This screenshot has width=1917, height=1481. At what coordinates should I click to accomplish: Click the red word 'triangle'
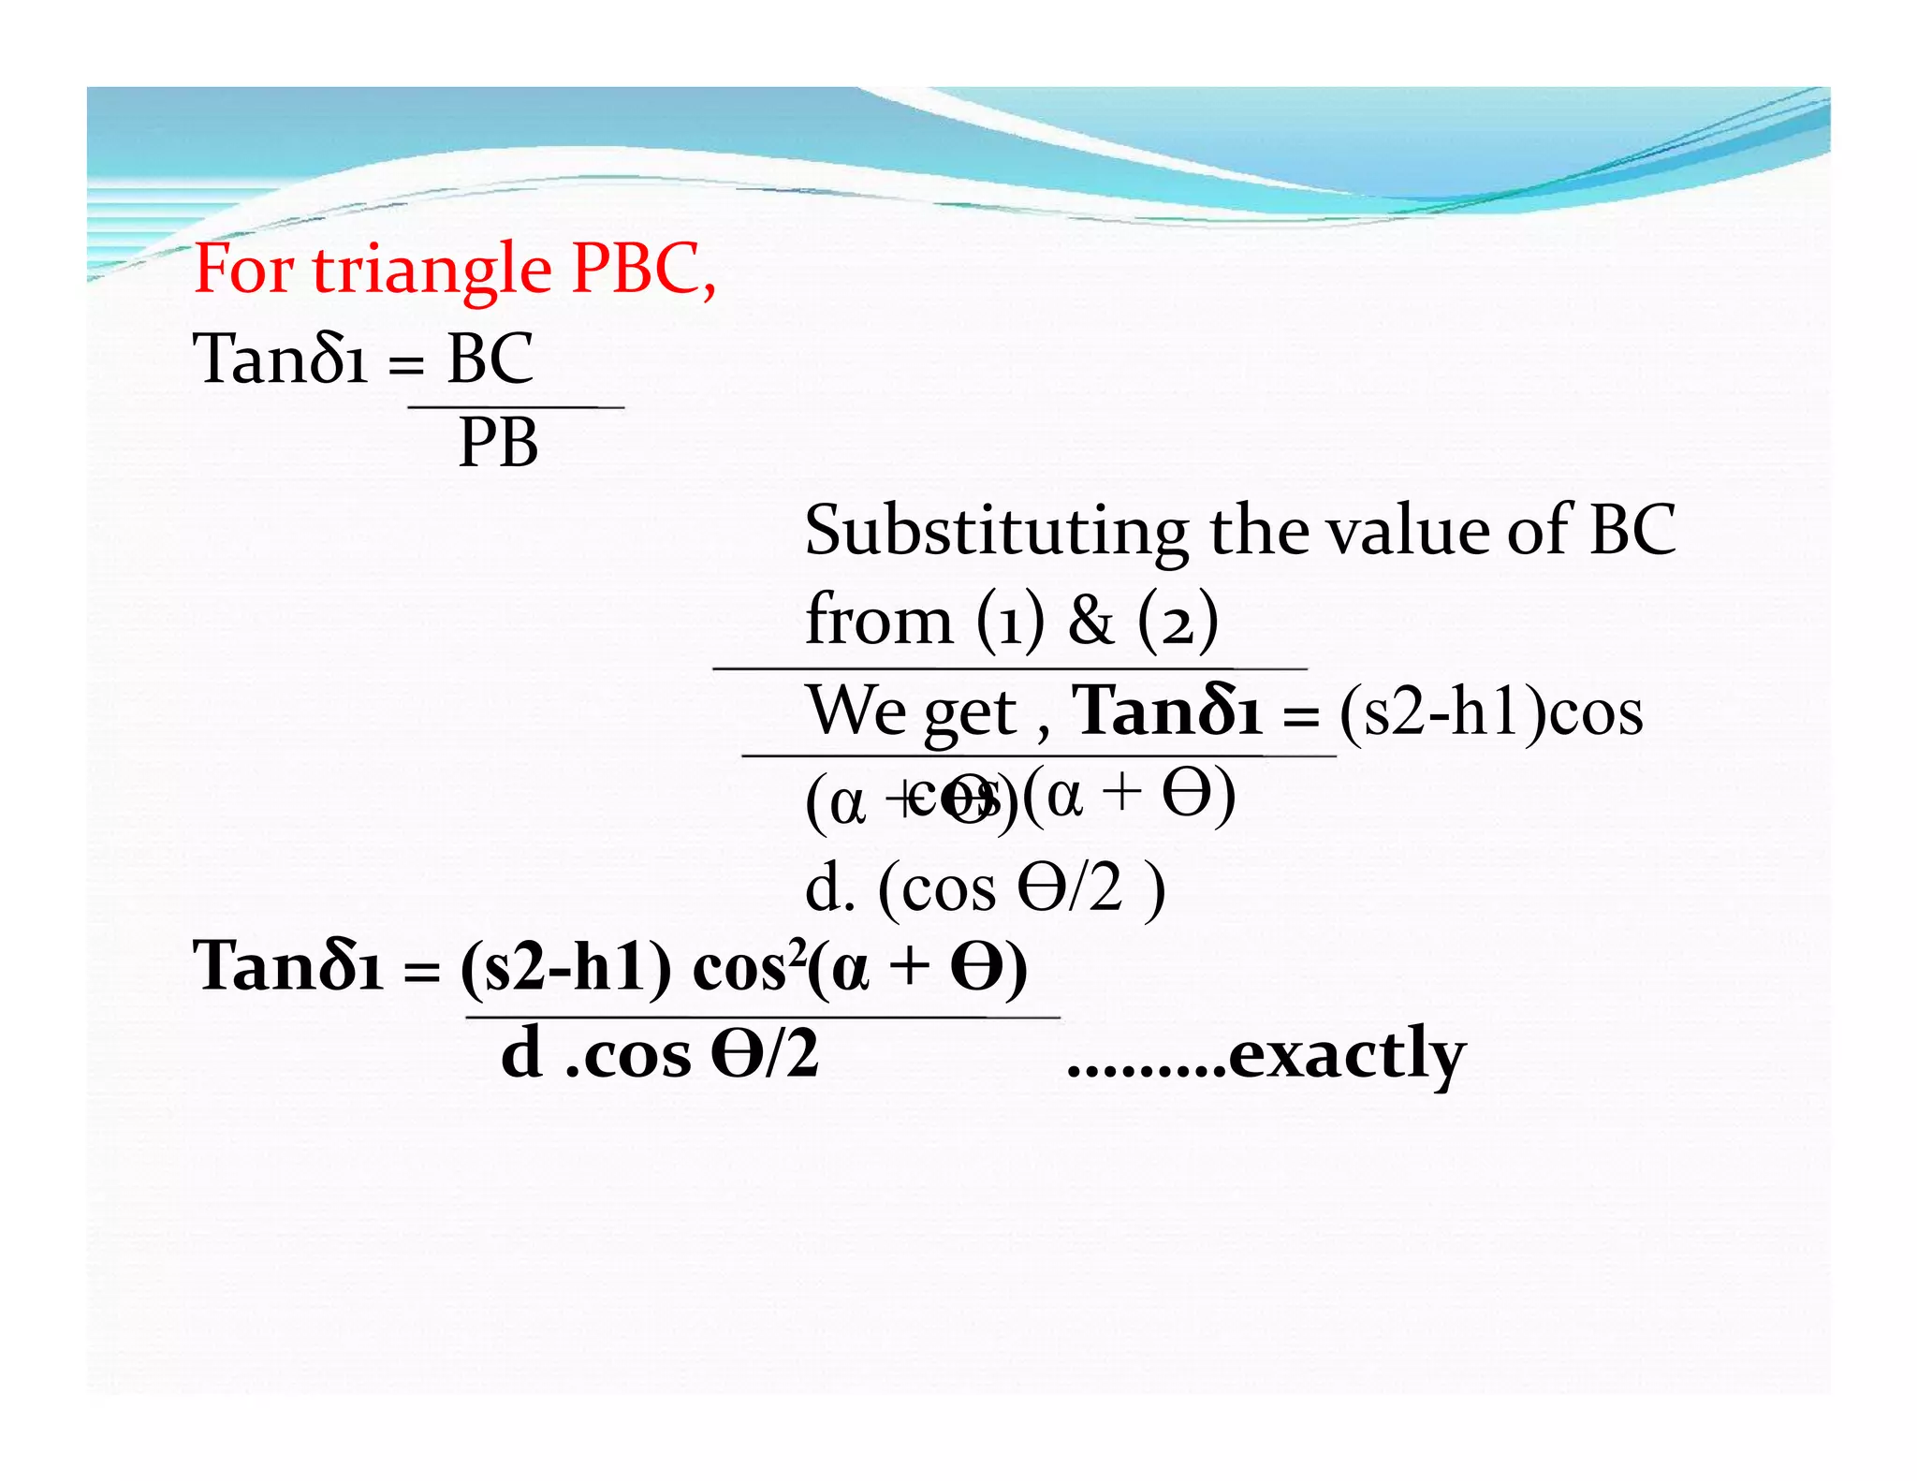432,270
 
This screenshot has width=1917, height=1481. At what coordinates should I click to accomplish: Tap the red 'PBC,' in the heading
643,270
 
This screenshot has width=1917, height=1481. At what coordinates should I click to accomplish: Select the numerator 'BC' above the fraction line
490,359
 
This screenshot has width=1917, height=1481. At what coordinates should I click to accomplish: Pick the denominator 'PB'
498,443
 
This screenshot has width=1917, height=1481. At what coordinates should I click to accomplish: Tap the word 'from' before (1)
879,620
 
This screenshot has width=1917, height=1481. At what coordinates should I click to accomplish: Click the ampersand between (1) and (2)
1091,620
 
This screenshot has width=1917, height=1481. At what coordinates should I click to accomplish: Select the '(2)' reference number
1178,620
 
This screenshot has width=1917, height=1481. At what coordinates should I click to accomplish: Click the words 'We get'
911,711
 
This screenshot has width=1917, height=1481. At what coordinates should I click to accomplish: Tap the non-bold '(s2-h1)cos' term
1490,711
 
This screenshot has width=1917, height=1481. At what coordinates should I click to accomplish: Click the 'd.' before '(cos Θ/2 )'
829,887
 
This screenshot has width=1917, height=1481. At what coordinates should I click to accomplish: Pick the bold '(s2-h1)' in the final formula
565,967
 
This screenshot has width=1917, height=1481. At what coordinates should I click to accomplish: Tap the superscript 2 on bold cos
797,951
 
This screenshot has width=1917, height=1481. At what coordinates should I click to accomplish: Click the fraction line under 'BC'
516,407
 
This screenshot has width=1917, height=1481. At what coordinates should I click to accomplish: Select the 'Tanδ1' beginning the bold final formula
287,967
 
